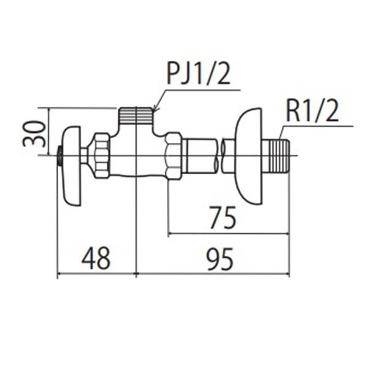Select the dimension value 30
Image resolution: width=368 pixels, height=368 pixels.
click(x=33, y=134)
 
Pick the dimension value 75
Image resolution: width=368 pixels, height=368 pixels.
click(x=223, y=217)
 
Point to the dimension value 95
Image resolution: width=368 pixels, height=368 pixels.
click(x=220, y=259)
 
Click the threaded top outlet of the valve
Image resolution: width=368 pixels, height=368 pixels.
click(x=136, y=115)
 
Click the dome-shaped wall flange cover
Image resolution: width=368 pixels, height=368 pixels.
click(x=248, y=156)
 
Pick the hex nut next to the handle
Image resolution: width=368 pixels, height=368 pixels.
click(x=101, y=156)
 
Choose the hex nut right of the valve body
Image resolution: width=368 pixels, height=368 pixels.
click(x=174, y=156)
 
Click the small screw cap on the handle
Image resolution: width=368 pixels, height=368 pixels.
click(x=59, y=156)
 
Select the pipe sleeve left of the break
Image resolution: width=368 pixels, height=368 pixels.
click(x=201, y=156)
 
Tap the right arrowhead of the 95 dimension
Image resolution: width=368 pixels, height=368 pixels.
click(x=287, y=274)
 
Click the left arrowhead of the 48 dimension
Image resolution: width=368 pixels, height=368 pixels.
click(x=60, y=274)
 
